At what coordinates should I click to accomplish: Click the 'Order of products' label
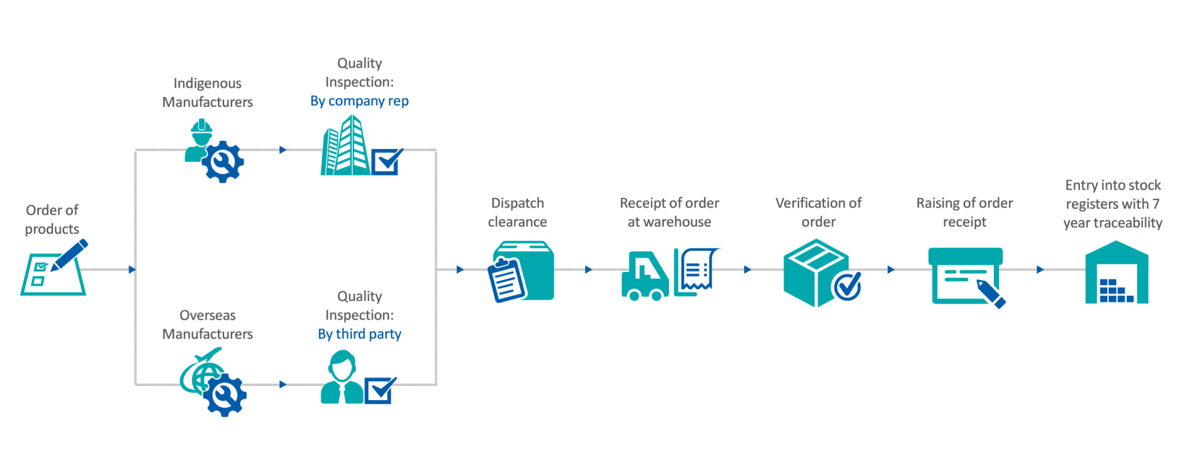point(52,219)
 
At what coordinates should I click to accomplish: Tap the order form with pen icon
point(54,269)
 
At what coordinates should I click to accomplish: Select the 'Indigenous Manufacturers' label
point(208,92)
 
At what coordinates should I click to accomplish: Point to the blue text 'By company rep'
point(359,101)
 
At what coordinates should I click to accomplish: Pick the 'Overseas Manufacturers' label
point(208,325)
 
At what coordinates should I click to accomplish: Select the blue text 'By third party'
point(360,334)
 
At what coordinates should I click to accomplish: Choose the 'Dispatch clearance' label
point(517,213)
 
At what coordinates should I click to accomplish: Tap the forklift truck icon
point(644,276)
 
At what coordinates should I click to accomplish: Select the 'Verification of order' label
point(818,213)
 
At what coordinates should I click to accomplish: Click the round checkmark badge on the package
point(847,285)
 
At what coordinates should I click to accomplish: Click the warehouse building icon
point(1116,273)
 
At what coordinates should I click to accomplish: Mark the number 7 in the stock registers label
point(1155,204)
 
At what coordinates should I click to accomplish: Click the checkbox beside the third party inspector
point(379,391)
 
